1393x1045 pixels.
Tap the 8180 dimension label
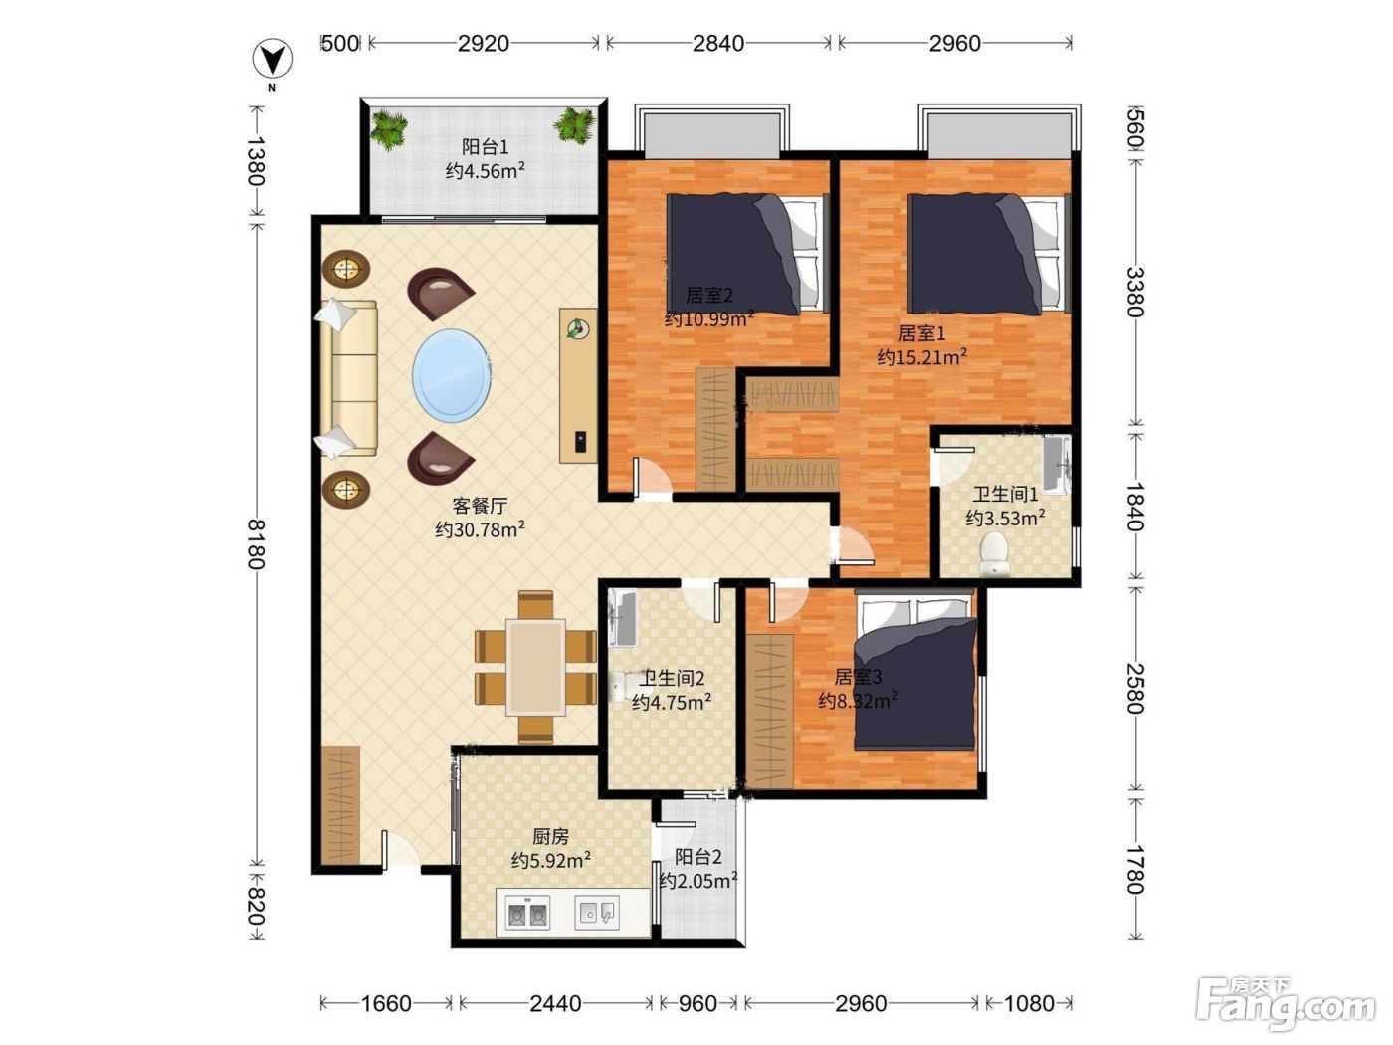point(256,543)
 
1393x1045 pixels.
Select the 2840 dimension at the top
point(717,43)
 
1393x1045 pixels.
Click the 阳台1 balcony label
point(485,147)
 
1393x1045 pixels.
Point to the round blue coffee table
point(451,376)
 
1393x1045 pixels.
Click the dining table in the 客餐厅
point(535,668)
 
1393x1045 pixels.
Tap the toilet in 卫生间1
point(994,554)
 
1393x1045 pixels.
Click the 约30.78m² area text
point(480,529)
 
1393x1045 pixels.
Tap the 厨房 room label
point(550,837)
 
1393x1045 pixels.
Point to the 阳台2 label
point(698,857)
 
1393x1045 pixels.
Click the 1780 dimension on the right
point(1134,869)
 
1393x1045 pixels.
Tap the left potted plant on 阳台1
point(388,129)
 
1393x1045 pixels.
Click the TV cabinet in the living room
point(578,386)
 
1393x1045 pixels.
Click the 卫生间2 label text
point(672,679)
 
